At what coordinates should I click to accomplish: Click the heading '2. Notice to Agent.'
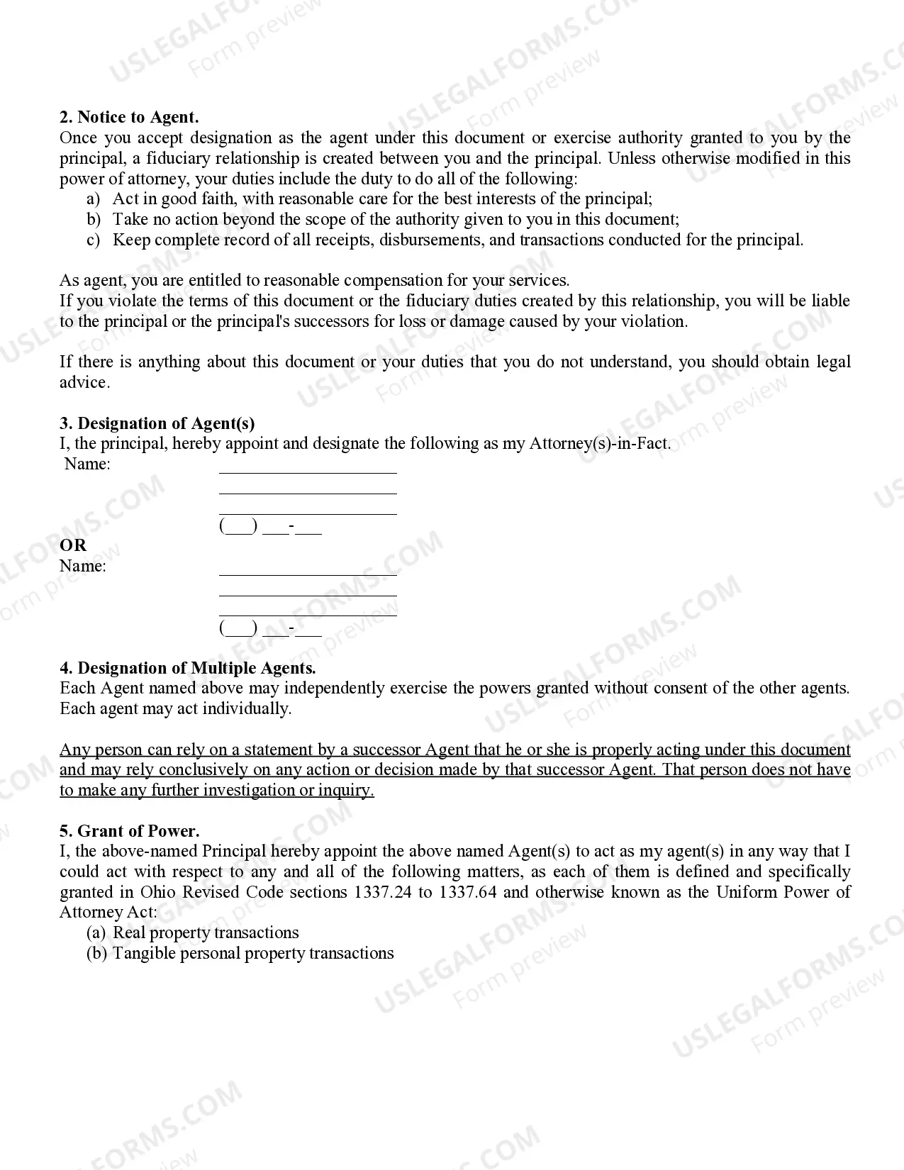[x=129, y=117]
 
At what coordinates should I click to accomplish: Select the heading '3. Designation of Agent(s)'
[x=157, y=423]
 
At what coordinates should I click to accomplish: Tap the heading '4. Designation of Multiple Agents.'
[x=188, y=668]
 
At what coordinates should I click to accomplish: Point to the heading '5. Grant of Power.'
[x=129, y=831]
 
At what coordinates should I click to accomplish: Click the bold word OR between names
[x=72, y=545]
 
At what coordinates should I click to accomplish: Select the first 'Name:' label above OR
[x=87, y=464]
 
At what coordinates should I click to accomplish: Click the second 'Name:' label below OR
[x=82, y=566]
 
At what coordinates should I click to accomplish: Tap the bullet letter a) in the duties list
[x=93, y=199]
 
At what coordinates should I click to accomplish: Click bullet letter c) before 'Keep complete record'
[x=93, y=240]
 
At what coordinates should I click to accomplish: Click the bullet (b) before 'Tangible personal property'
[x=96, y=953]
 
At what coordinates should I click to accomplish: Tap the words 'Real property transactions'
[x=206, y=932]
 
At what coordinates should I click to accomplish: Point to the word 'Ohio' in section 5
[x=157, y=892]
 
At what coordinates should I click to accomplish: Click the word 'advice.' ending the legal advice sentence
[x=84, y=382]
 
